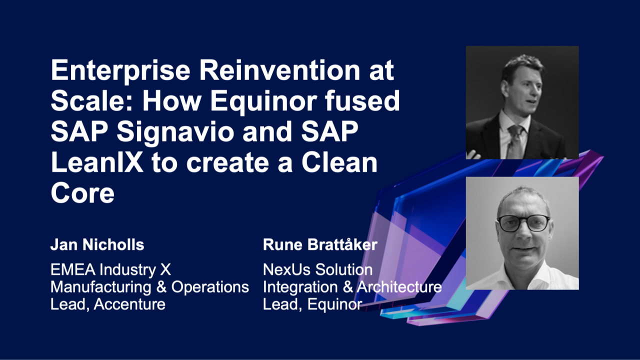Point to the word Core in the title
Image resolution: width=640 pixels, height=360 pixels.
(x=82, y=193)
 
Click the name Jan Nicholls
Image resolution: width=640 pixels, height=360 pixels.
(x=97, y=245)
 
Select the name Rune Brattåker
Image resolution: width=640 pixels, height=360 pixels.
(x=320, y=245)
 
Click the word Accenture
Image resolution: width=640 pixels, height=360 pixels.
(x=129, y=304)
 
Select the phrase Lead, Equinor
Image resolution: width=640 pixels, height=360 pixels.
(x=312, y=304)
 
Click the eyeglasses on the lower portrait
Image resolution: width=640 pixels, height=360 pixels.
(x=523, y=223)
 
